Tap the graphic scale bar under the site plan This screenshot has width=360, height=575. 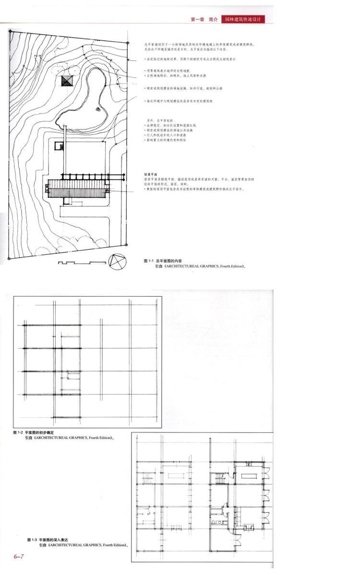[80, 263]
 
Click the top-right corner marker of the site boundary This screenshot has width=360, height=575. [128, 43]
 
